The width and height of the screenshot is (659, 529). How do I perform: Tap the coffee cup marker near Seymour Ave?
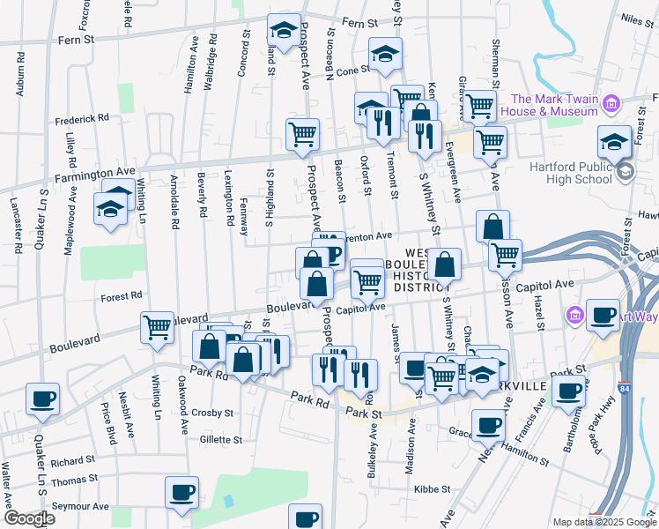(182, 492)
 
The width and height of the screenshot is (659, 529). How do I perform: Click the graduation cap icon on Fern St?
(284, 31)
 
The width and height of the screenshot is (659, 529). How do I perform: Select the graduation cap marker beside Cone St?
(385, 54)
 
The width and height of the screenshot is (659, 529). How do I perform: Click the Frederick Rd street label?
(81, 117)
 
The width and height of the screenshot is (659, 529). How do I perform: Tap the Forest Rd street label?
(122, 297)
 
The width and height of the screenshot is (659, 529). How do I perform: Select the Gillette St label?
(220, 439)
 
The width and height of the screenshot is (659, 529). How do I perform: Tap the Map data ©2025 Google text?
(603, 522)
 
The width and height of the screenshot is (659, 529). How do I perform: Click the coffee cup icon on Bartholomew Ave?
(569, 391)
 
